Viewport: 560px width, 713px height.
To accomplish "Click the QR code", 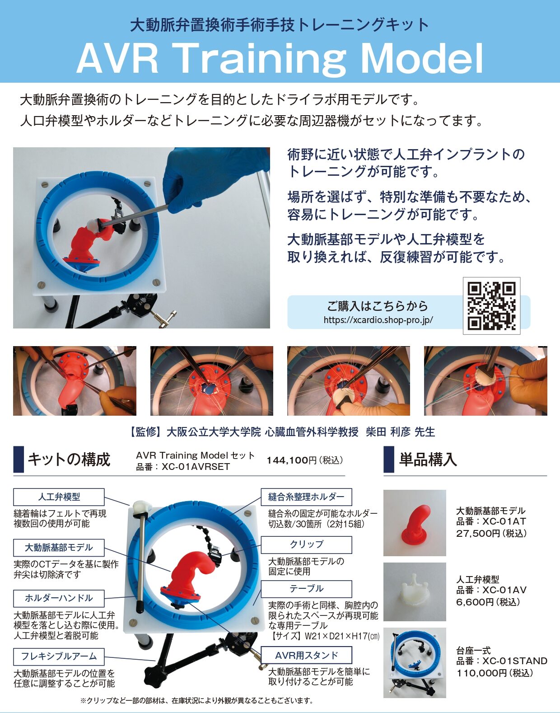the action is pos(491,306).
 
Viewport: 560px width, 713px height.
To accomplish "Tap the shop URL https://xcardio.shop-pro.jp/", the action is pos(378,320).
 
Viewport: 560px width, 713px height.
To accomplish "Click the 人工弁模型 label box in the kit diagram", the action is pos(59,497).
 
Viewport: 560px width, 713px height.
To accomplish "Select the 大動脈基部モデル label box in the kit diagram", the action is pos(59,548).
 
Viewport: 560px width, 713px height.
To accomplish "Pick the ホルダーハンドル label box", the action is pos(59,598).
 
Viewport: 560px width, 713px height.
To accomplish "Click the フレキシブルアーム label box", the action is pos(59,656).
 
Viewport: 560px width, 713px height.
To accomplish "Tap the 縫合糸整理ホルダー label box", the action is pos(306,497).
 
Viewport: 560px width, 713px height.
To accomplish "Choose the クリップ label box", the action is pos(306,544).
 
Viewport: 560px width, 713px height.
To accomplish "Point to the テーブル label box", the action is pos(306,589).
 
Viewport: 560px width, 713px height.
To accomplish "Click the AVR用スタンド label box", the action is pos(306,655).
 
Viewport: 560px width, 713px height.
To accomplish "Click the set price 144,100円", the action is pos(291,460).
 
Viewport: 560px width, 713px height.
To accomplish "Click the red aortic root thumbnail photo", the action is pos(415,523).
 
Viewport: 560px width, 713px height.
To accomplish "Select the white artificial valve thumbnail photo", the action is pos(415,592).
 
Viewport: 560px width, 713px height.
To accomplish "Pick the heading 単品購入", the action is pos(428,459).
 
